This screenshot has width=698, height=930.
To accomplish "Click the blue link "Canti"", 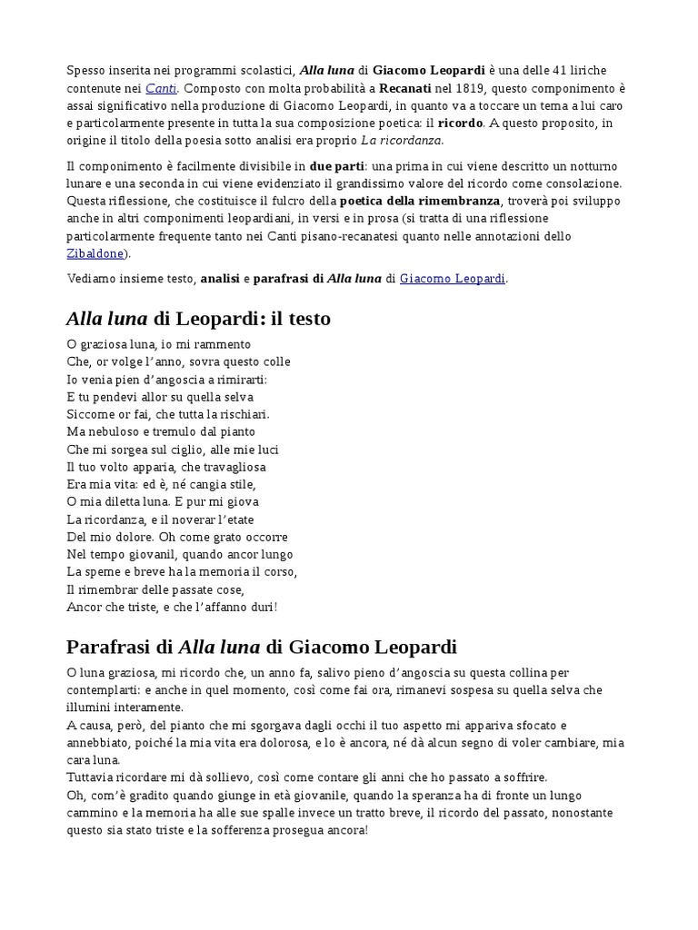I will (x=161, y=88).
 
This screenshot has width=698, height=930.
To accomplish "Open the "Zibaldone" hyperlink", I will (x=95, y=253).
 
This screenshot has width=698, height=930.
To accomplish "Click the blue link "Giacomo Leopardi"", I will (x=453, y=279).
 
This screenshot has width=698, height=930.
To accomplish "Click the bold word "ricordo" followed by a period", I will (x=461, y=123).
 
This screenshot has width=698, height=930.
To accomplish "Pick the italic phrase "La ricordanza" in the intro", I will (x=401, y=140).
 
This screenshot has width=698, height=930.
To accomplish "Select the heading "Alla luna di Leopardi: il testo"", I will (x=198, y=319).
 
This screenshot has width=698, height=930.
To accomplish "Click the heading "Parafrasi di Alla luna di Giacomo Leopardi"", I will (x=262, y=648).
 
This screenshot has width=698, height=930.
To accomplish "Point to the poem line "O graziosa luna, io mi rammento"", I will (x=158, y=344).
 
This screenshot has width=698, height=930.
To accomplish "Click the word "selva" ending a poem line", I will (x=236, y=397).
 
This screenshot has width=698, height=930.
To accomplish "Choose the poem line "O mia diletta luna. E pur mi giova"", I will (x=163, y=501).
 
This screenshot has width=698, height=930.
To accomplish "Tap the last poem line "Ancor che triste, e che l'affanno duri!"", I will (x=172, y=606).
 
